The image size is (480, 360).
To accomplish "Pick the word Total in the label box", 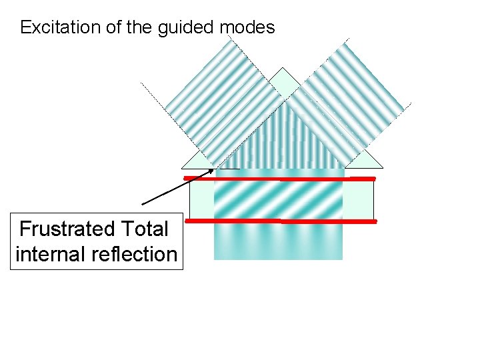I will click(x=143, y=229).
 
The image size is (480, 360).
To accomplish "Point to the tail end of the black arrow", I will click(x=143, y=203).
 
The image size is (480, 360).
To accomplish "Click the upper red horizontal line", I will click(x=280, y=179).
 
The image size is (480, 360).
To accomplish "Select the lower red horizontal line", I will click(x=280, y=220).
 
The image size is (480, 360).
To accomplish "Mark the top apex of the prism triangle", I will click(x=283, y=68).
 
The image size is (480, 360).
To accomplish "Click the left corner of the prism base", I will click(x=182, y=167).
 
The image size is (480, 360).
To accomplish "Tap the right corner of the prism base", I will click(x=383, y=167).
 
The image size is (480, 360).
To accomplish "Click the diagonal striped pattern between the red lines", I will click(x=278, y=199).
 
